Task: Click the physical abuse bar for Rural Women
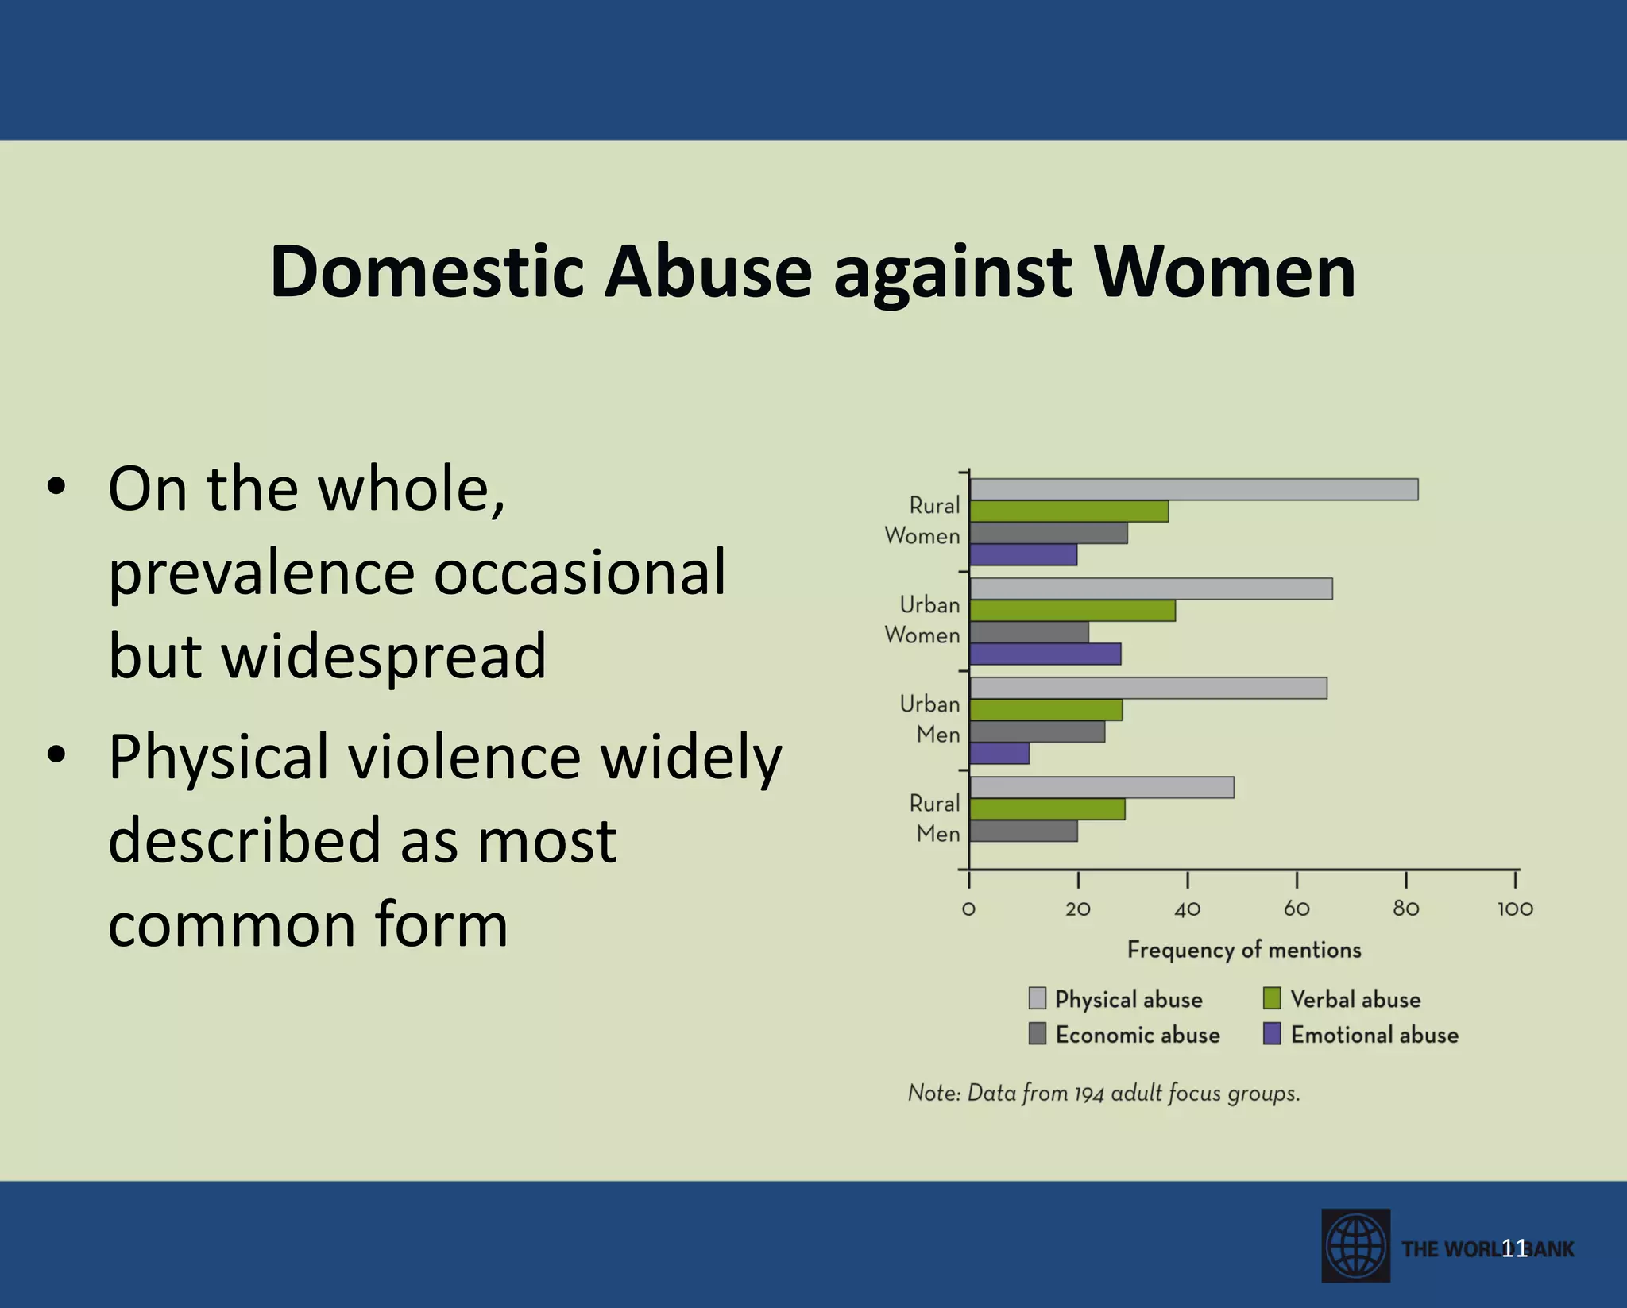1193,489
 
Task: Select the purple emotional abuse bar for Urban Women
1045,654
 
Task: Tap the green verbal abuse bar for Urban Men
1045,709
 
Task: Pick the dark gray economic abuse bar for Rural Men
1023,831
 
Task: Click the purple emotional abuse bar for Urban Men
999,753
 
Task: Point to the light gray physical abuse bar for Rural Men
1101,787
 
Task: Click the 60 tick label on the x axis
1297,909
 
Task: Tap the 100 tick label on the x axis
1515,909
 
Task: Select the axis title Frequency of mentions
1244,950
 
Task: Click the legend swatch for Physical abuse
1037,998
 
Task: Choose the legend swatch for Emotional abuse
1272,1034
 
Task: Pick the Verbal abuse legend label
1355,999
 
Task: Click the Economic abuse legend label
1138,1035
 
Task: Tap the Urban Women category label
923,620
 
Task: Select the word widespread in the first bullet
327,656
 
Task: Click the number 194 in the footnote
1089,1094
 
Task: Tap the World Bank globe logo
1355,1245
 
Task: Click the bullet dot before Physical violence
56,755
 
